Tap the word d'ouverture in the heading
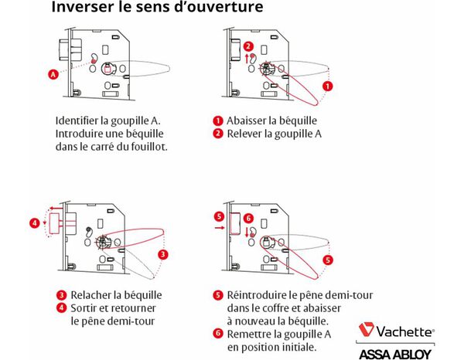(x=218, y=8)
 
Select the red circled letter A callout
(x=53, y=75)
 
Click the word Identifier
(x=83, y=121)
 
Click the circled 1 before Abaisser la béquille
(x=219, y=121)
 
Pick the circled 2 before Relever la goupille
(x=219, y=134)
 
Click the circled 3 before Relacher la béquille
(x=60, y=295)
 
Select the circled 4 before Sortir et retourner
(x=60, y=307)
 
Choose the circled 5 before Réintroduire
(x=219, y=295)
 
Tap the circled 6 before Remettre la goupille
(x=219, y=333)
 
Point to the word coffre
(x=280, y=307)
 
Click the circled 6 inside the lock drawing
(x=247, y=219)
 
